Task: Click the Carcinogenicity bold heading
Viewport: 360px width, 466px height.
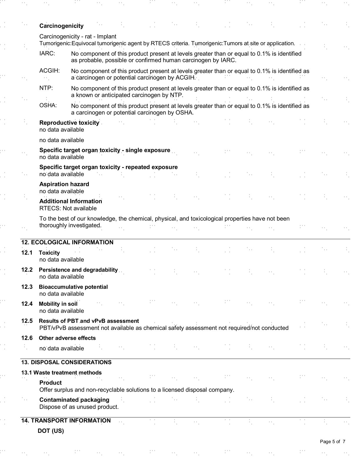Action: point(61,26)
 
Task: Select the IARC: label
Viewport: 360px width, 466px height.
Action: point(47,54)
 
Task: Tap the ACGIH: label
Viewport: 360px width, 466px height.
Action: point(49,71)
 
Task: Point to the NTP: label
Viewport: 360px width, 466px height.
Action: point(46,88)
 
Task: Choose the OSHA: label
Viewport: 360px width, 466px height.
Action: point(48,105)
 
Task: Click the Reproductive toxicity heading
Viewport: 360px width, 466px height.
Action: point(69,123)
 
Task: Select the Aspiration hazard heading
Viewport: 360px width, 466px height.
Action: point(64,184)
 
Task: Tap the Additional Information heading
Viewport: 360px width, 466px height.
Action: point(71,201)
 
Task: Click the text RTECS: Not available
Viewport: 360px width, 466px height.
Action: point(68,208)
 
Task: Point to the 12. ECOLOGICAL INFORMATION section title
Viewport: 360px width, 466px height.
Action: point(67,242)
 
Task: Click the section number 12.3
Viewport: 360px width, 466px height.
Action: point(27,287)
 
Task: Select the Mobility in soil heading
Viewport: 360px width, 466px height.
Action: point(58,304)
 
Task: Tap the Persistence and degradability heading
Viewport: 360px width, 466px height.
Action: point(78,270)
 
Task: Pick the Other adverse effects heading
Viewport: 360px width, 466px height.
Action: point(67,338)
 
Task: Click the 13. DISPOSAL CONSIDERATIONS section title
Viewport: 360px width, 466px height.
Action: point(66,362)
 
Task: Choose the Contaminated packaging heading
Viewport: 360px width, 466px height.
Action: point(74,400)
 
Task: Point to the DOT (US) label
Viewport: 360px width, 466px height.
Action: point(51,431)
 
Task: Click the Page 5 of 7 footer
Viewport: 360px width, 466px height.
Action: point(332,442)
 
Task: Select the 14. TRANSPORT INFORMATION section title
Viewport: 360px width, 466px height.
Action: point(66,420)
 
